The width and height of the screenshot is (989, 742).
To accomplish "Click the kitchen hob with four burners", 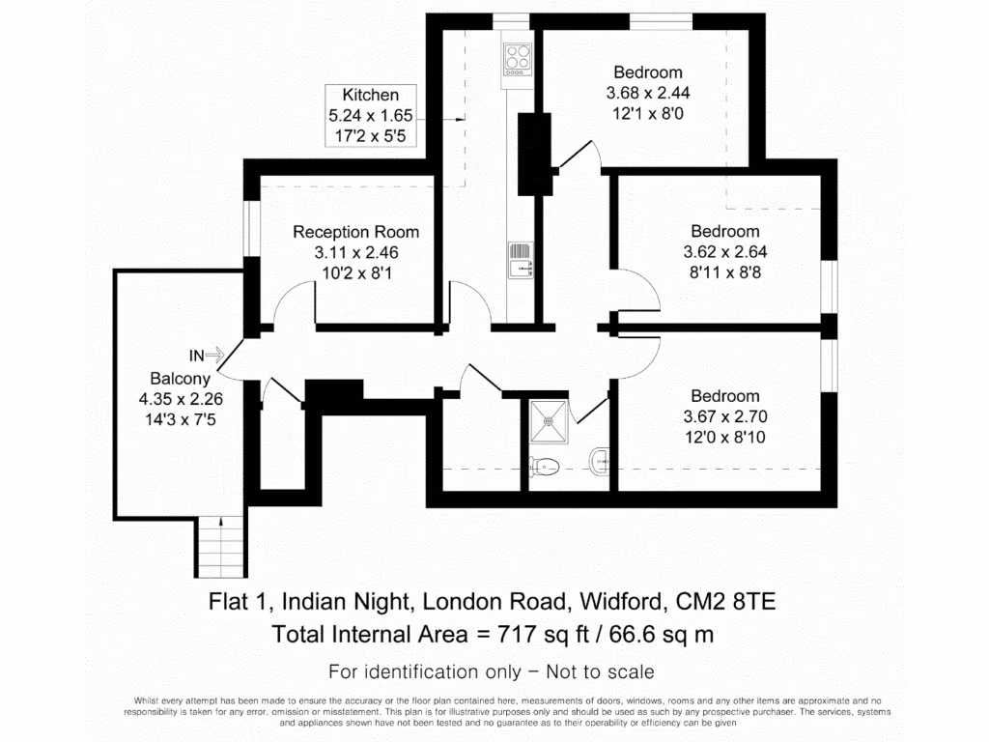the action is pos(518,58).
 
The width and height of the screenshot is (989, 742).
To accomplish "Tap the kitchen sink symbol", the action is pos(520,259).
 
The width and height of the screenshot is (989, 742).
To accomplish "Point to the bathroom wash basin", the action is pos(599,460).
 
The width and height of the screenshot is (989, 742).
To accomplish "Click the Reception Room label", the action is pos(355,232).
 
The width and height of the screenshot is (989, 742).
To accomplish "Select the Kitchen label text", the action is pos(370,95).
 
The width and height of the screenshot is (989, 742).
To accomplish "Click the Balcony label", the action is pos(180,379).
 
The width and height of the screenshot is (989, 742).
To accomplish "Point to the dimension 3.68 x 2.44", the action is pos(648,94).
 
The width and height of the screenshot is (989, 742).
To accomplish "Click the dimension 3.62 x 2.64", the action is pos(724,253).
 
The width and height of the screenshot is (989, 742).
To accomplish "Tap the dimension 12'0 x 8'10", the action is pos(724,438).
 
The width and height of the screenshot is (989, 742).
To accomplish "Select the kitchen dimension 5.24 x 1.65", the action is pos(370,116).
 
